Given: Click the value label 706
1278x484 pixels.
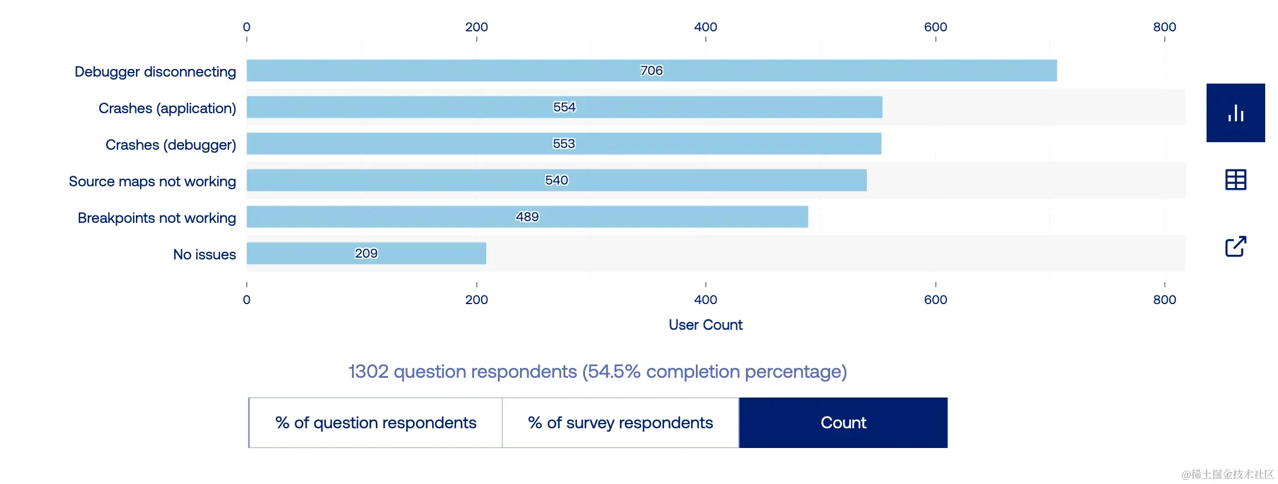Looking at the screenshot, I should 651,70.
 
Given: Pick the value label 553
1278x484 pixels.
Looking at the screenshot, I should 563,143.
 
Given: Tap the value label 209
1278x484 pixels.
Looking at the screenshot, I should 366,253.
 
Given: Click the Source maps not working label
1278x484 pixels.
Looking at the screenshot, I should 152,181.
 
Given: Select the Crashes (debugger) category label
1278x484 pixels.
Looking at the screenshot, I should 170,145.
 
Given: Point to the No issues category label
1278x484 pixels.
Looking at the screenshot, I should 204,254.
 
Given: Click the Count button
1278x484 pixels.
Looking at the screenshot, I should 843,422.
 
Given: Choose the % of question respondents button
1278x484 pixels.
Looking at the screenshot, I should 375,422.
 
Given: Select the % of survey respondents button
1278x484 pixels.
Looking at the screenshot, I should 620,422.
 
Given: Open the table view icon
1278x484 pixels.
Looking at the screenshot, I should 1236,179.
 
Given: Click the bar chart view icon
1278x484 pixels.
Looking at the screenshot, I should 1236,113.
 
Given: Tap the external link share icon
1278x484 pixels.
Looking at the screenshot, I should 1236,247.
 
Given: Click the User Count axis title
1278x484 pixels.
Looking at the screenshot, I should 705,324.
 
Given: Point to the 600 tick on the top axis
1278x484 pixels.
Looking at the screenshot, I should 935,27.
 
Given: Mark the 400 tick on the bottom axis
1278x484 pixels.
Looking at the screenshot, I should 705,299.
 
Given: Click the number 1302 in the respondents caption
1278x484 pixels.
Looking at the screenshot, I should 368,371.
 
